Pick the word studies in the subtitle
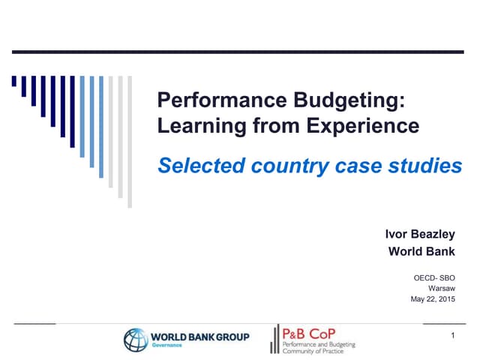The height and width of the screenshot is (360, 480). pos(427,166)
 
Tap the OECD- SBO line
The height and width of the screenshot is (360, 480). pos(434,277)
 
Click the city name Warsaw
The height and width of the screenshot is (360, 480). pos(442,288)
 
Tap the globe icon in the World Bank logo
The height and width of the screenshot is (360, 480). pos(136,340)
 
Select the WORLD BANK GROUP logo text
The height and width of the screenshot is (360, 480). pos(200,336)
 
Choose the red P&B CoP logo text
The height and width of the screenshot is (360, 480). pos(309,332)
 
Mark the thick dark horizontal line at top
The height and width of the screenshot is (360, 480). pos(240,52)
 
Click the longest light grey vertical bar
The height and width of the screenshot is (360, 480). pos(129,142)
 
